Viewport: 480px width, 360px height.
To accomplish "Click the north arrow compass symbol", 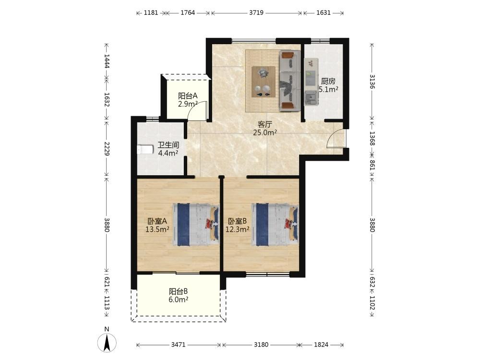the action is coord(107,342).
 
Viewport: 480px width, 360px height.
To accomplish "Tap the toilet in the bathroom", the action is coord(145,149).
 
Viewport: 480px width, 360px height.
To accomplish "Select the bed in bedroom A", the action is coord(196,225).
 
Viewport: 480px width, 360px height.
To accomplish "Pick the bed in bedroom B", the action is coord(275,225).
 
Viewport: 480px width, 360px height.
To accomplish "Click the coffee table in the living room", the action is coord(263,82).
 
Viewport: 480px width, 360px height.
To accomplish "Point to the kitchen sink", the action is coord(311,98).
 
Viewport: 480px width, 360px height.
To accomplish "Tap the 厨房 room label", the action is coord(328,82).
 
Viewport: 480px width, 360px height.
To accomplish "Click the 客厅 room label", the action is coord(265,125).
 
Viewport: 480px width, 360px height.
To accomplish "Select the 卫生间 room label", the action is coord(168,145).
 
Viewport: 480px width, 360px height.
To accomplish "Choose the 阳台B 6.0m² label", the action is coord(179,295).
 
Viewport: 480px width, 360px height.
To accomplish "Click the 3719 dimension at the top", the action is coord(256,13).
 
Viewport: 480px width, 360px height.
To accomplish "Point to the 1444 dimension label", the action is coord(107,61).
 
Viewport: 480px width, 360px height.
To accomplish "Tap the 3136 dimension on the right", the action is coord(372,82).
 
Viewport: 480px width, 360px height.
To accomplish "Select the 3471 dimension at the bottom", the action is coord(178,345).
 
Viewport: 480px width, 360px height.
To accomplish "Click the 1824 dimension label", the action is coord(321,345).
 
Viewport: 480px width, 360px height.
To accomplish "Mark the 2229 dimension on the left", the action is coord(107,148).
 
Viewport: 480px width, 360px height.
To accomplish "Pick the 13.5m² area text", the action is coord(157,229).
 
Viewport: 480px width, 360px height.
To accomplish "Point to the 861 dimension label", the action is coord(372,165).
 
